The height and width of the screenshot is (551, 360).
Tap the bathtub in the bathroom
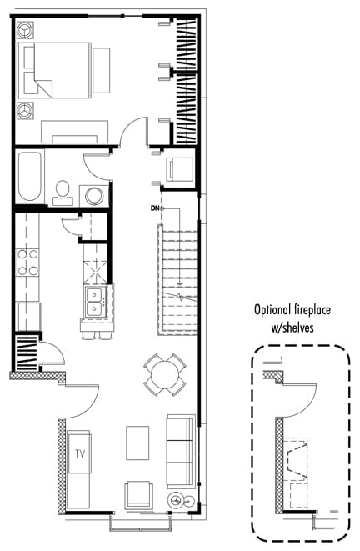pyautogui.click(x=29, y=176)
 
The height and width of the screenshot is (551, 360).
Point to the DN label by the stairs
pyautogui.click(x=153, y=208)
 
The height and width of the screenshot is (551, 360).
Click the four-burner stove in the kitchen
pyautogui.click(x=27, y=263)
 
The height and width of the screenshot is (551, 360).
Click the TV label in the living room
pyautogui.click(x=80, y=454)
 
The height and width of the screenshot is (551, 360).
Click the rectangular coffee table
pyautogui.click(x=137, y=442)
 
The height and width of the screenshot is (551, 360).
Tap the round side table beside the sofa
pyautogui.click(x=177, y=501)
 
